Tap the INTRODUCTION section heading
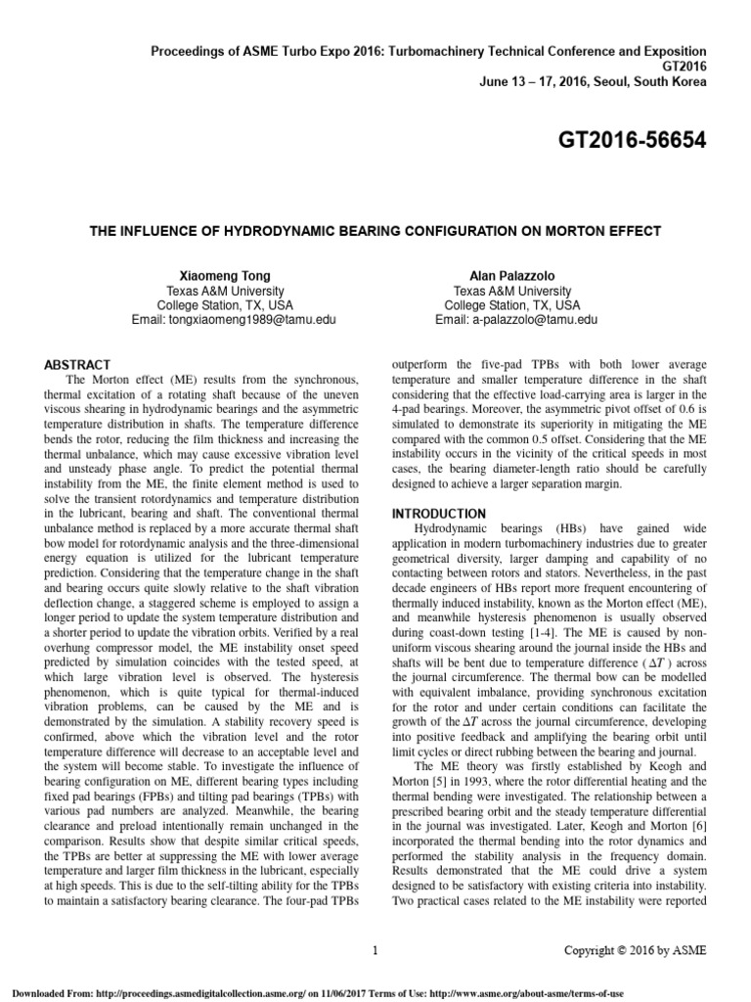(x=438, y=514)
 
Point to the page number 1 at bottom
(x=375, y=949)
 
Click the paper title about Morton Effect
(x=375, y=231)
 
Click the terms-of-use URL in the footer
(x=616, y=991)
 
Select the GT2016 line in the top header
(x=679, y=66)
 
